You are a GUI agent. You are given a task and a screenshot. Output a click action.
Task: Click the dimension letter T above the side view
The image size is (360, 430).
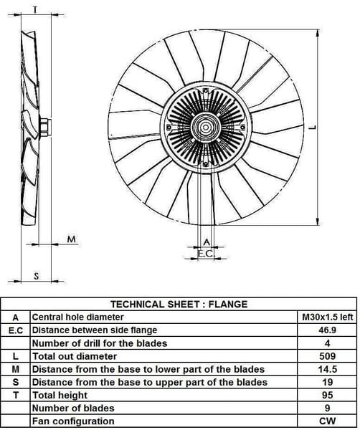point(35,10)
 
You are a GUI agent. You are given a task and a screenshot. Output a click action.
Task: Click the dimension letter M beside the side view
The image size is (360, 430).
point(72,239)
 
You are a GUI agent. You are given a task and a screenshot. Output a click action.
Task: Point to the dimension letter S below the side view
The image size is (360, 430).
point(37,276)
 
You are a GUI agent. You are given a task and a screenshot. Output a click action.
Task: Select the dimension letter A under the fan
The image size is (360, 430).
point(207,242)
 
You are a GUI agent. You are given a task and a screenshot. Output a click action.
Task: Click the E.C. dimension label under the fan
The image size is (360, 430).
point(206,254)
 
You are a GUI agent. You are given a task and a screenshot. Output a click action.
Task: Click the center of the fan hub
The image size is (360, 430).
point(206,128)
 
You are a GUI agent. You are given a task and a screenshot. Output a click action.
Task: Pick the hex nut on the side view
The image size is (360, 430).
point(45,128)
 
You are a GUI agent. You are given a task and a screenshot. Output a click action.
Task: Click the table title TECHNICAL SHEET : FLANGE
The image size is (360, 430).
point(179,304)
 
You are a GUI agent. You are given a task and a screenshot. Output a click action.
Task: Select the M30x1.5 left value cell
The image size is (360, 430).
point(327,317)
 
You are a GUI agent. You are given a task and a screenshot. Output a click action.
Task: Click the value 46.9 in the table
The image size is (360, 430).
point(327,330)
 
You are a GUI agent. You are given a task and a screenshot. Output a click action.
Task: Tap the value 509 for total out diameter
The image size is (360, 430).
point(327,356)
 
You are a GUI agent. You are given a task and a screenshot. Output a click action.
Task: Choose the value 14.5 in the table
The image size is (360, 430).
point(327,369)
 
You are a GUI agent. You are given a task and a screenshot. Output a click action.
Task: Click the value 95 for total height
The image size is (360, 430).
point(327,395)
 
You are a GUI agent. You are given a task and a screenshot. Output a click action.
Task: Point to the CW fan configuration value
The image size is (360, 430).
point(327,421)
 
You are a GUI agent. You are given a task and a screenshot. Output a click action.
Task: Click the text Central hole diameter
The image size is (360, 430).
point(78,317)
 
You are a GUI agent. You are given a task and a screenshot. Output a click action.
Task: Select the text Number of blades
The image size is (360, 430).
point(73,408)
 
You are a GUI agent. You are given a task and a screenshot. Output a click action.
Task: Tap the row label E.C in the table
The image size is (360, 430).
point(16,330)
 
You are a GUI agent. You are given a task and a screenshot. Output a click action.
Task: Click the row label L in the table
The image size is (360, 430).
point(16,356)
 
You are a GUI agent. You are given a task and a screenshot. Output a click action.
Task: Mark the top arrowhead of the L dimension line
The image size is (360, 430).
point(318,33)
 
